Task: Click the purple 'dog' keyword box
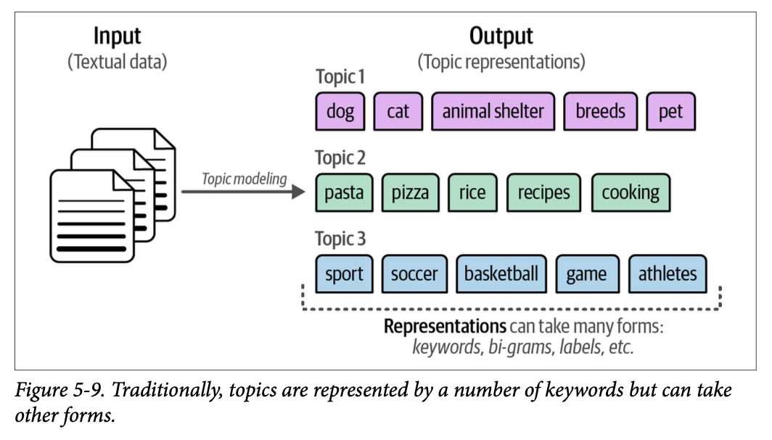coord(340,111)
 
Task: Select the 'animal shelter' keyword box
coord(493,111)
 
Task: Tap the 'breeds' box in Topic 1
coord(600,111)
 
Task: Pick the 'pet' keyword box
coord(670,111)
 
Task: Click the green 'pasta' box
coord(344,192)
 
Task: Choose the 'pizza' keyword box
coord(410,192)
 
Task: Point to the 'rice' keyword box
coord(472,192)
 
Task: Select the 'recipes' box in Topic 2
coord(543,192)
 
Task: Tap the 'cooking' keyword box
coord(631,192)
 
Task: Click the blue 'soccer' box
coord(414,274)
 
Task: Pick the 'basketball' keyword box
coord(501,274)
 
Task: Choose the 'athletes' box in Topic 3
coord(668,274)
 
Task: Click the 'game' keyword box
coord(586,274)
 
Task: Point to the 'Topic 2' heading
coord(340,158)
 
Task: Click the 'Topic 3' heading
coord(340,239)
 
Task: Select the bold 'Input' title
coord(118,36)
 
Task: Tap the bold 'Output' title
coord(501,36)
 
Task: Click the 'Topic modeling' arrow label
coord(245,179)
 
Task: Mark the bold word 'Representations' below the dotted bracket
coord(445,326)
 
